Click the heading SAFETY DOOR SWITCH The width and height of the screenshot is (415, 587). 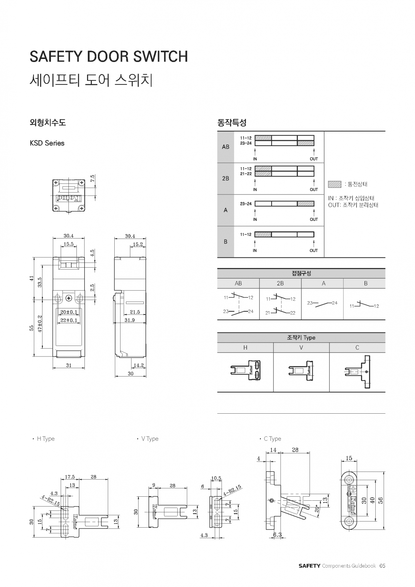coord(108,56)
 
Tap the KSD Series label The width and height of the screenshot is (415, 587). coord(47,143)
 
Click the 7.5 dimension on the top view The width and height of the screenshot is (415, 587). coord(93,179)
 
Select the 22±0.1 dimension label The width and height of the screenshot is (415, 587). coord(69,320)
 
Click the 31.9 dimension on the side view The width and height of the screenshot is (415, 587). coord(130,320)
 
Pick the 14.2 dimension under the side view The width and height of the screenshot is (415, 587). coord(138,365)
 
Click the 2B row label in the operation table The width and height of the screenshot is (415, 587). coord(225,178)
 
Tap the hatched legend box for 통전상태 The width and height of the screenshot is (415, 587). coord(334,184)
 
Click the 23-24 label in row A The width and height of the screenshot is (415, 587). coord(246,204)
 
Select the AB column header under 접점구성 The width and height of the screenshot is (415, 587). coord(238,283)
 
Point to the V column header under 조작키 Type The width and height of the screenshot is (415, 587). coord(301,347)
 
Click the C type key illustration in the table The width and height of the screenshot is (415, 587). coord(357,371)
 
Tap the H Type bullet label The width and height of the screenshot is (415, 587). coord(46,439)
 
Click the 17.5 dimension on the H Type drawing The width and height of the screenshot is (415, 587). coord(70,477)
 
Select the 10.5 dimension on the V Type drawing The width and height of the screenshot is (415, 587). coord(216,478)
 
